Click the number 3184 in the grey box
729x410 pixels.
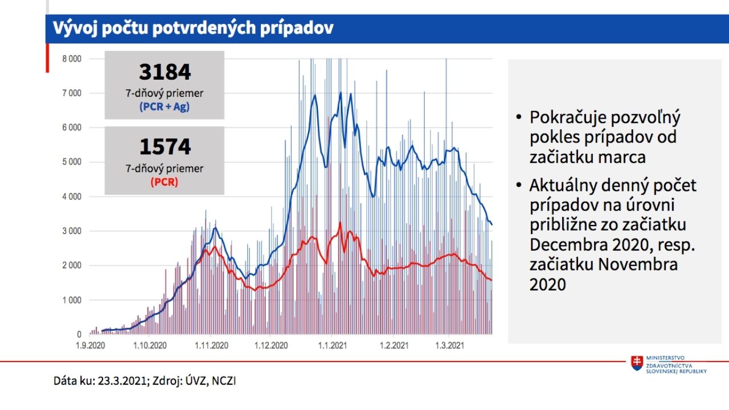(x=165, y=72)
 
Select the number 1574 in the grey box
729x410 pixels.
(x=165, y=147)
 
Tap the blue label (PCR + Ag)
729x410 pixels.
(x=165, y=106)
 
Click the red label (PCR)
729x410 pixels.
(x=165, y=183)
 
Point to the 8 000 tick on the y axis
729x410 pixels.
(x=71, y=59)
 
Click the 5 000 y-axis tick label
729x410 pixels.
(x=71, y=162)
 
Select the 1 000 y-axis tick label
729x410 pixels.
(x=71, y=300)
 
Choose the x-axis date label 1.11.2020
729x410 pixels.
(x=211, y=346)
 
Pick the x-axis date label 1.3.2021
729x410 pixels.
(x=449, y=346)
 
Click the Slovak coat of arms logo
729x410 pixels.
(x=636, y=363)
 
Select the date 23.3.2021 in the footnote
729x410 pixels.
(x=123, y=380)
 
